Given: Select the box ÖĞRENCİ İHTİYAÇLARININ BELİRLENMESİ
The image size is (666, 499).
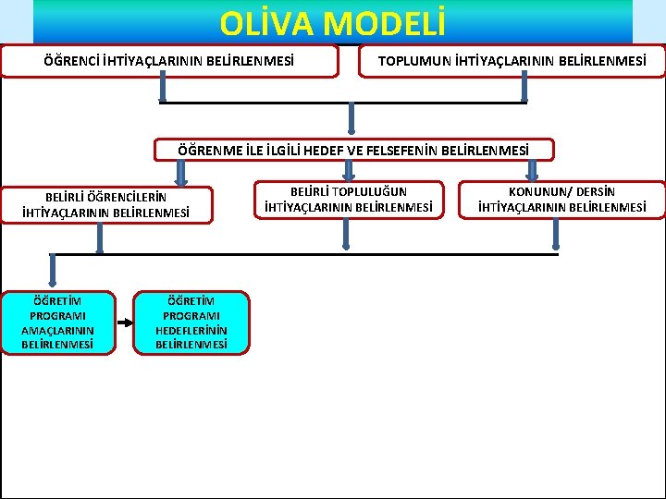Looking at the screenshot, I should (x=169, y=62).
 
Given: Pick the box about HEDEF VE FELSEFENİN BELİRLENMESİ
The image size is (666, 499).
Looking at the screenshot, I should (x=353, y=150).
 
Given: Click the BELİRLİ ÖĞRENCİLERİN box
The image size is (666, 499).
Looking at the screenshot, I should (x=106, y=204).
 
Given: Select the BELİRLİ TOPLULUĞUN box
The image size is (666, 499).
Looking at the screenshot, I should (x=348, y=200).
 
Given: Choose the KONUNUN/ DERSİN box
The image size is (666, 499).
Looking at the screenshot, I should (x=561, y=200).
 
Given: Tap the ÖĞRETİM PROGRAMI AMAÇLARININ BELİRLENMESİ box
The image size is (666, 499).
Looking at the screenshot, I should (x=57, y=323).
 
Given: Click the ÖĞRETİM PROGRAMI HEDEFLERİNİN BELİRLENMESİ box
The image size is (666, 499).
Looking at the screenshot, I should (x=191, y=323).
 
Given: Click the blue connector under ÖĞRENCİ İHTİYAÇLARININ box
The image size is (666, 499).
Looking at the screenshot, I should (x=163, y=89).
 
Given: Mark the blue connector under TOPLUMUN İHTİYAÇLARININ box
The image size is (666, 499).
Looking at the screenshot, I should (x=525, y=89).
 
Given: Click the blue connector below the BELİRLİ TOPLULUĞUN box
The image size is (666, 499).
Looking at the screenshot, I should (x=347, y=235).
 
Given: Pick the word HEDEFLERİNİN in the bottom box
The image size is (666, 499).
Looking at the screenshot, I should (x=191, y=330).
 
